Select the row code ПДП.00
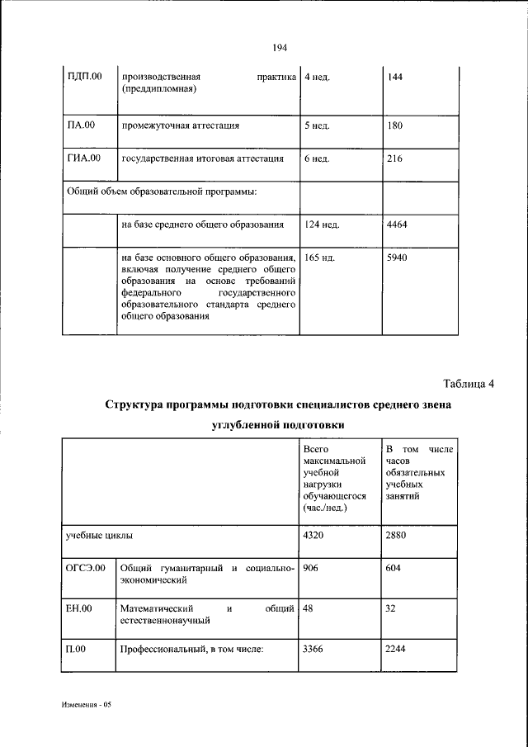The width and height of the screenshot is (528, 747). (x=84, y=78)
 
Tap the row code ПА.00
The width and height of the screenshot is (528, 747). (x=81, y=125)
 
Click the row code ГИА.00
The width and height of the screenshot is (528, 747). (x=83, y=158)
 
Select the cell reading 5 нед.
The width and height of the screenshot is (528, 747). (x=316, y=126)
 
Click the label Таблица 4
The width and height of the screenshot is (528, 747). (x=468, y=383)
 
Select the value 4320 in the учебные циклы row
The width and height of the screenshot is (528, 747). (x=314, y=535)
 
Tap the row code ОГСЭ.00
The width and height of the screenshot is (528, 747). (x=86, y=569)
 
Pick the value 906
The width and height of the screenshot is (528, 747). (x=311, y=569)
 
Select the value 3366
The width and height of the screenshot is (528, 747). (x=314, y=649)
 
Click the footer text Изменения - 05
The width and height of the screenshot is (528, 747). (x=86, y=707)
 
